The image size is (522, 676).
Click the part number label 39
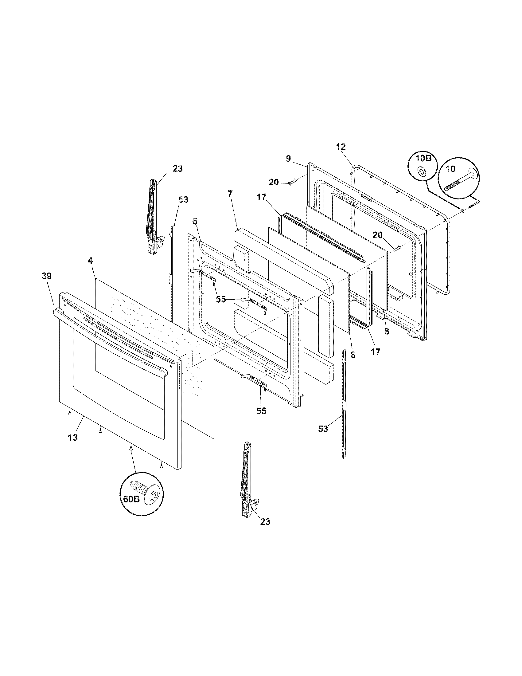(47, 276)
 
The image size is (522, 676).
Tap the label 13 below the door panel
(73, 437)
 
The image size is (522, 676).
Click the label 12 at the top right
(341, 147)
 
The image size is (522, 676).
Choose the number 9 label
(288, 159)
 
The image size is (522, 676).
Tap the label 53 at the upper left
(183, 199)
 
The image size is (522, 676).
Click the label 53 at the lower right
(323, 429)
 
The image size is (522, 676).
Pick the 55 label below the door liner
(261, 411)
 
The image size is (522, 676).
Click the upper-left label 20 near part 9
(274, 182)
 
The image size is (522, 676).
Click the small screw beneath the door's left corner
(70, 413)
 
